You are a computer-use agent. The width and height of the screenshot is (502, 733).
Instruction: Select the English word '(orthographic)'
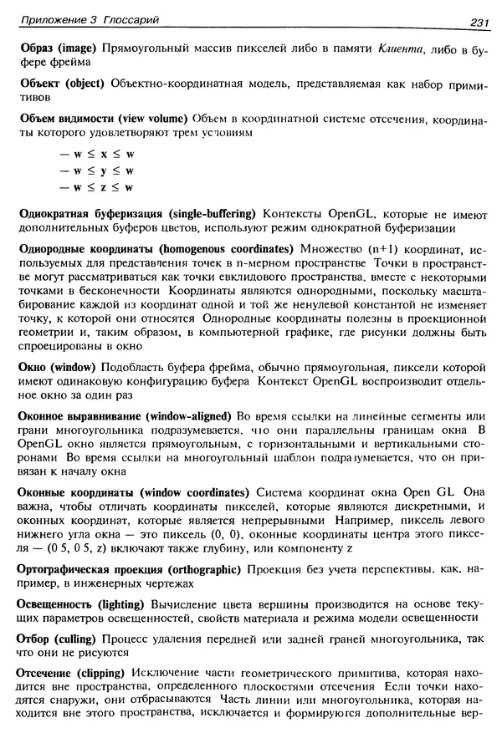203,569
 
